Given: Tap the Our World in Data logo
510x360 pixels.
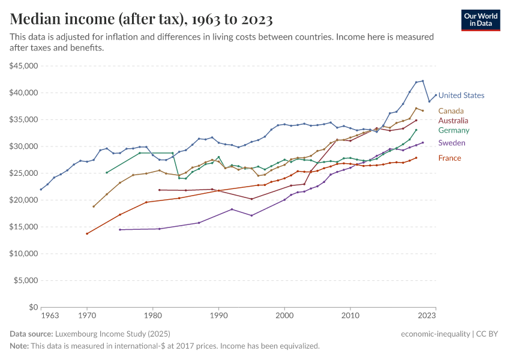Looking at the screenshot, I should click(x=481, y=20).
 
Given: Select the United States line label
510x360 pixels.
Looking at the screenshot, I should click(x=461, y=95).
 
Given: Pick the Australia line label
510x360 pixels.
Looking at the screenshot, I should click(x=454, y=121).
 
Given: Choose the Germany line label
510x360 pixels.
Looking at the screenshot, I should click(x=454, y=130).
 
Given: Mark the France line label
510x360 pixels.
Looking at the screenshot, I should click(x=449, y=158).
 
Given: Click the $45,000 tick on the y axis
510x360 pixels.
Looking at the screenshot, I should click(x=25, y=66).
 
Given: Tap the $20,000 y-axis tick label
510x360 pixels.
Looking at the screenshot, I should click(x=25, y=200).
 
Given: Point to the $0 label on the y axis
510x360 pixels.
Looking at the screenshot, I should click(x=34, y=307).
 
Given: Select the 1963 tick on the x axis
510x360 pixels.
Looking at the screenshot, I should click(x=50, y=315).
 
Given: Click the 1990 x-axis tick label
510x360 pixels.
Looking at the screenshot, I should click(x=218, y=315).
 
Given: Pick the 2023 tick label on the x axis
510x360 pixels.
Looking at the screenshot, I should click(x=427, y=315).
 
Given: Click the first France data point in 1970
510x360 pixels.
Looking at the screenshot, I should click(x=87, y=233).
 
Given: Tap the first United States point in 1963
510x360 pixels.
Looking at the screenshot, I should click(x=41, y=190).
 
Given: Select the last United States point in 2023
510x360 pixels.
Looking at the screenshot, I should click(x=436, y=95).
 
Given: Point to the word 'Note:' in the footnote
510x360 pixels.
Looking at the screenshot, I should click(x=20, y=346).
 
